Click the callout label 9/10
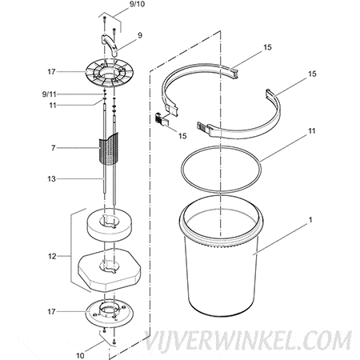(x=137, y=5)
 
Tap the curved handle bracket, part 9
(x=110, y=44)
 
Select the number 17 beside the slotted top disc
(x=51, y=72)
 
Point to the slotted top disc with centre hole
(x=110, y=73)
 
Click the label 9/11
(x=50, y=94)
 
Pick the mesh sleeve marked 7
(x=109, y=149)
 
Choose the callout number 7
(x=54, y=148)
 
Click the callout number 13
(x=51, y=178)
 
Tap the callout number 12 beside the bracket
(x=52, y=256)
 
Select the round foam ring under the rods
(x=110, y=225)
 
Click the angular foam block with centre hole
(x=109, y=270)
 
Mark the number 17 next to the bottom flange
(x=51, y=311)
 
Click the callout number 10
(x=80, y=355)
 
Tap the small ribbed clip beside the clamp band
(x=162, y=119)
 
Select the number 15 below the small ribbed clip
(x=182, y=136)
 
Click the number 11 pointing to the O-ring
(x=311, y=131)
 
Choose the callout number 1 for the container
(x=310, y=220)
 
